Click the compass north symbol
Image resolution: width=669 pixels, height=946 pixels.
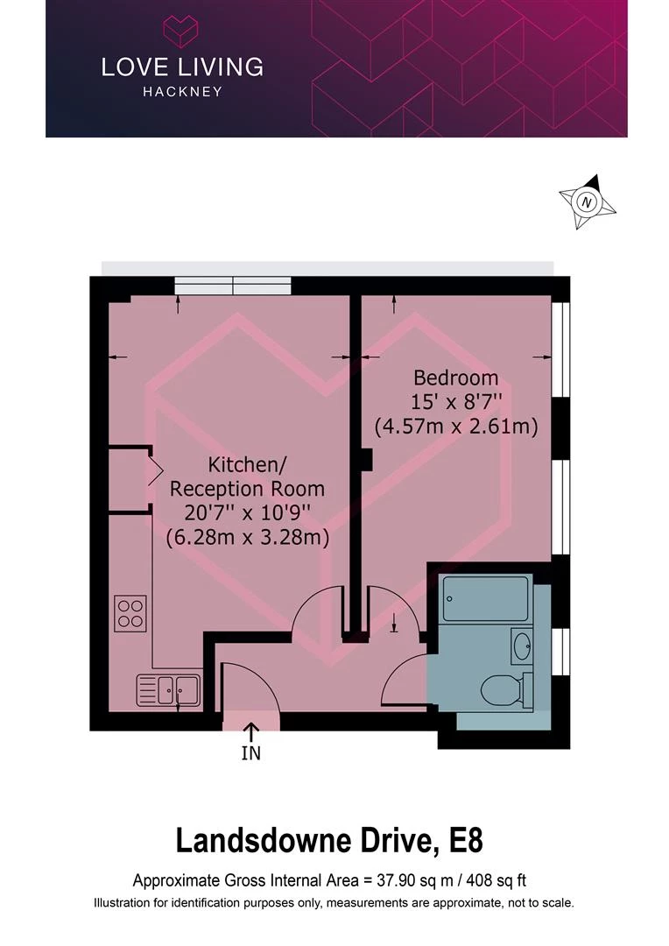click(588, 202)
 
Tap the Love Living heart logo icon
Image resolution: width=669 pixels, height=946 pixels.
click(182, 31)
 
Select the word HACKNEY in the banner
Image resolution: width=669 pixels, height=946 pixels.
click(182, 91)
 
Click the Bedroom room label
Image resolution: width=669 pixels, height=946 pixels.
click(455, 378)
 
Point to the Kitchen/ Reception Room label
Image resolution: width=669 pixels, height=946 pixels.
click(247, 476)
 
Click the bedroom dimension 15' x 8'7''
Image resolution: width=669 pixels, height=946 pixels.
click(455, 403)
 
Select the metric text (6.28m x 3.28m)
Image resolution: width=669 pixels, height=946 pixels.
click(248, 538)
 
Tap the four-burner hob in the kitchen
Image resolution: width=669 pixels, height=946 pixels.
click(130, 611)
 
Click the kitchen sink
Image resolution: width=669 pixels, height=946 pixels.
click(168, 689)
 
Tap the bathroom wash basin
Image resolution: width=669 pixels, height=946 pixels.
click(522, 648)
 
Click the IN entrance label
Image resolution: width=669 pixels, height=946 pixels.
click(250, 752)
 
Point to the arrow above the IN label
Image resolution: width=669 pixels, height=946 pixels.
click(250, 731)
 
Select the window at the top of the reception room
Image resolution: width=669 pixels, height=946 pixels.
click(232, 286)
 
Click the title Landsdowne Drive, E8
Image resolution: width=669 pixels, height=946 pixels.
click(329, 841)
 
